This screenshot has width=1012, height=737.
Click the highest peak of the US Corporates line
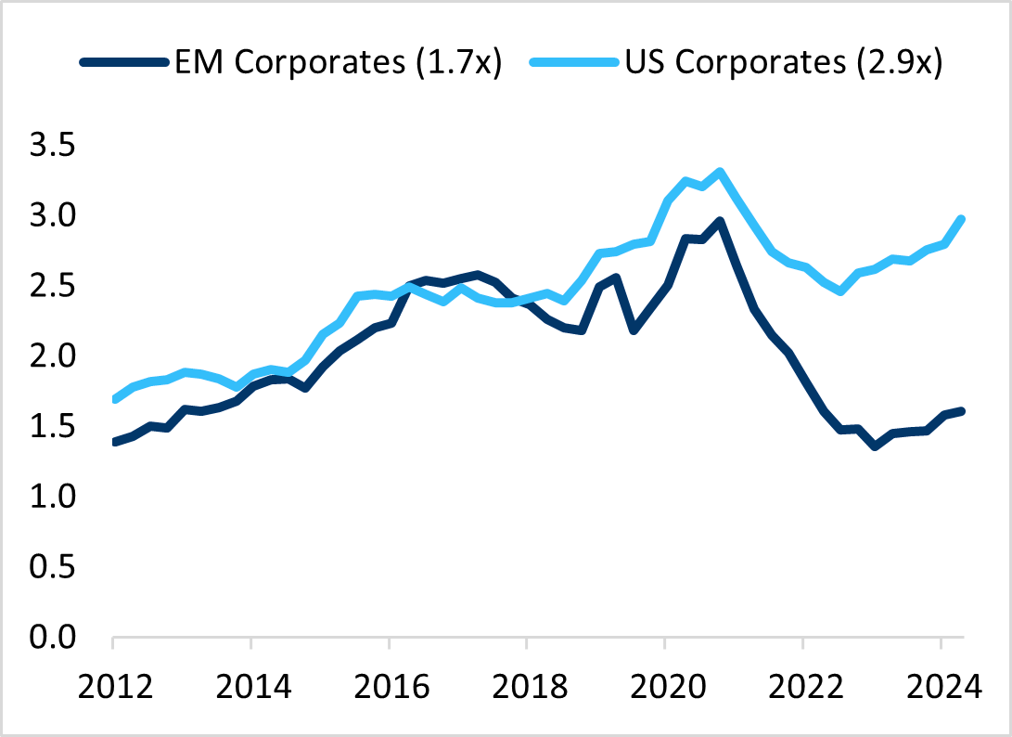coord(720,172)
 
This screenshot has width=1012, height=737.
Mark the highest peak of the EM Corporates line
coord(720,221)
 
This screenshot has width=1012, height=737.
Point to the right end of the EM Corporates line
coord(961,410)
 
